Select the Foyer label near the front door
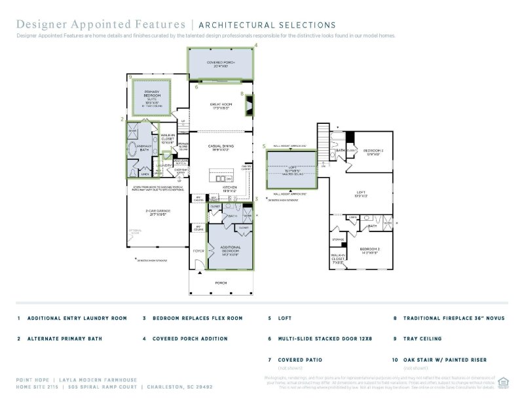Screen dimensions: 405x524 198,250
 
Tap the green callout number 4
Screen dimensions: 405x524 255,45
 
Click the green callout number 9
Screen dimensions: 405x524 131,77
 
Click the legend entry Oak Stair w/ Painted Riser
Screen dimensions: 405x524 449,360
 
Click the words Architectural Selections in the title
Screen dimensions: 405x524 266,25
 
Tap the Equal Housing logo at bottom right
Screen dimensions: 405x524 503,382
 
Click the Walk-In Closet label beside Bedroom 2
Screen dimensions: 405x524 337,258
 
